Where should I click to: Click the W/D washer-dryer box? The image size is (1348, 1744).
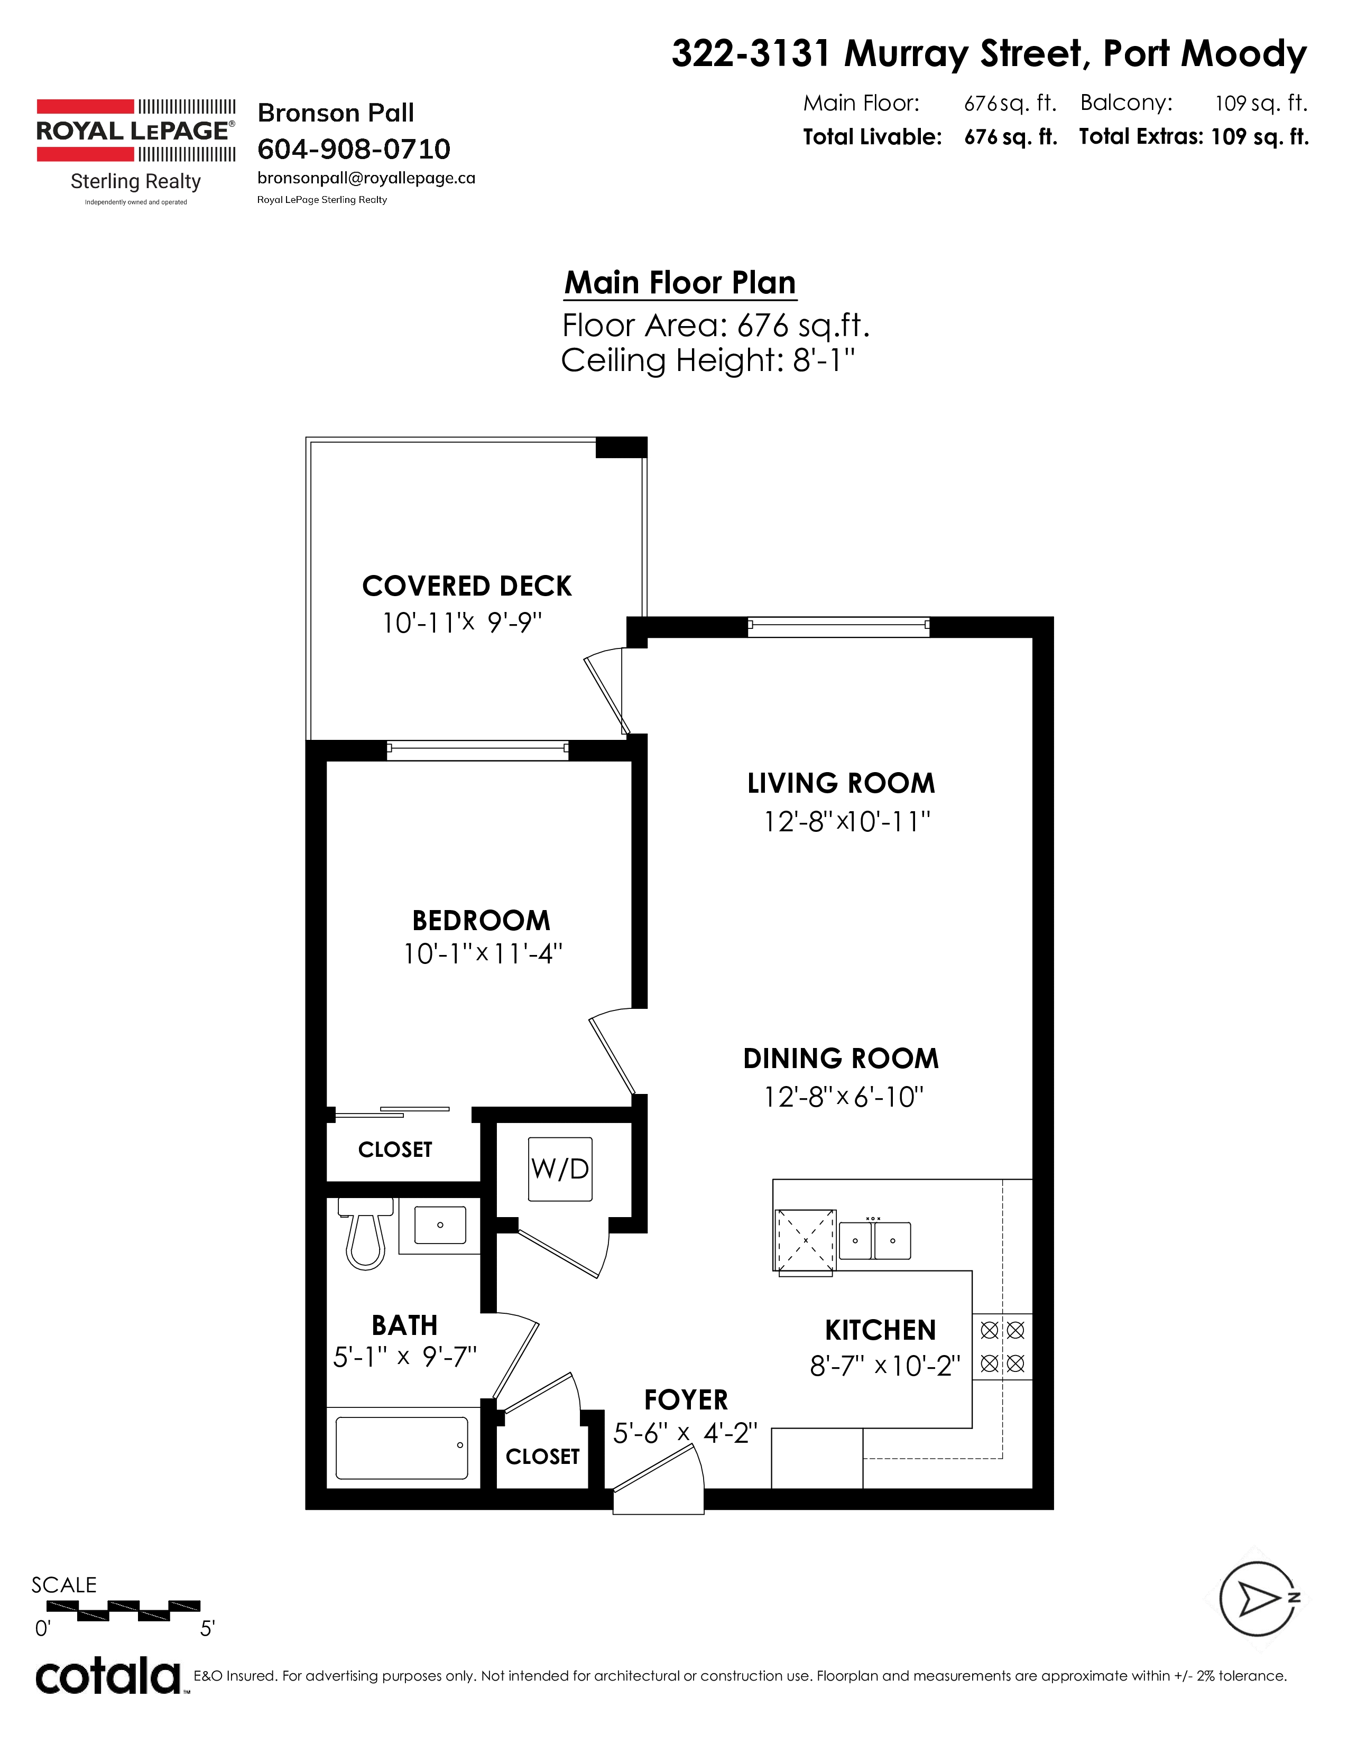tap(560, 1169)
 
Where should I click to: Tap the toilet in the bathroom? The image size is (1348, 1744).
tap(366, 1232)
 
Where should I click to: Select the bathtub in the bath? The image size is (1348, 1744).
tap(402, 1448)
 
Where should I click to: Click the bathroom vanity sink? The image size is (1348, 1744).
tap(439, 1226)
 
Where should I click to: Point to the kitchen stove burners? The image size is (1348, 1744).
tap(1002, 1347)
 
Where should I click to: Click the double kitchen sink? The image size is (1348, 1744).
tap(874, 1240)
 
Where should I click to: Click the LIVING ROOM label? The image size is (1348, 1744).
tap(841, 783)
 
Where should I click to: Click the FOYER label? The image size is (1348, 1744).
tap(686, 1400)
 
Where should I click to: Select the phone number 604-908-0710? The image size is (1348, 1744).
tap(354, 149)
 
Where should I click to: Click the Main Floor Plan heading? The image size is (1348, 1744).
tap(680, 283)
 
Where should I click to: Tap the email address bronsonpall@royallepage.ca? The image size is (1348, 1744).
tap(366, 178)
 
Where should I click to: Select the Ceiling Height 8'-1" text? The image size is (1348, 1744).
tap(707, 360)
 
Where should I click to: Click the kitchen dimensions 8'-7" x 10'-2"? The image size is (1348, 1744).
tap(885, 1366)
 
